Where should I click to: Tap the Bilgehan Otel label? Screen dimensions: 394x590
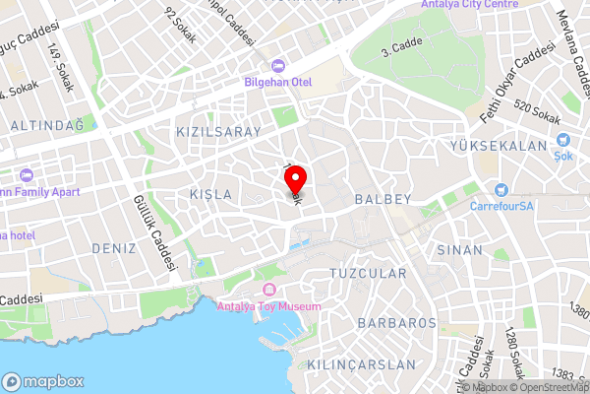278,82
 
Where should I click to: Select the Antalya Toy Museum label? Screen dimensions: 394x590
271,307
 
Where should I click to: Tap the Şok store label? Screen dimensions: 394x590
562,157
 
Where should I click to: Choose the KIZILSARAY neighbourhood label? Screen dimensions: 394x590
218,131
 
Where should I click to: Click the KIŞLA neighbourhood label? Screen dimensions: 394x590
212,195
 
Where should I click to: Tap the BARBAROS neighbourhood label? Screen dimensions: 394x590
397,322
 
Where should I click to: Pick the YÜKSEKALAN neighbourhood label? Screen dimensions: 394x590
498,146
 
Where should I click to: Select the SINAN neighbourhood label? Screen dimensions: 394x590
460,250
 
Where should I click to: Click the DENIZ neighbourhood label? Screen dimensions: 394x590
114,248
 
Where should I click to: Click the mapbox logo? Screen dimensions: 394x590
44,381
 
